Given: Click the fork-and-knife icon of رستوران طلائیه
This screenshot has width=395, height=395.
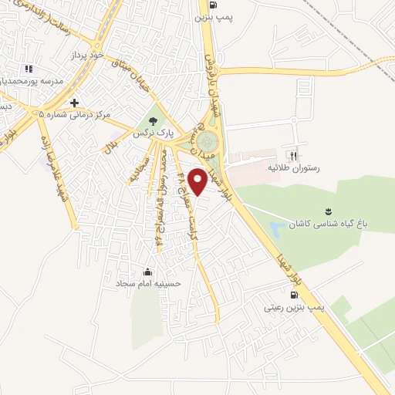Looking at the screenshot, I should pyautogui.click(x=294, y=153).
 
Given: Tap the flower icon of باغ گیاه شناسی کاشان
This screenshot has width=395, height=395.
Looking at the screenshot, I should pyautogui.click(x=329, y=211).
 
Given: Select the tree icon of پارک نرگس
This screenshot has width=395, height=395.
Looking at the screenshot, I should pyautogui.click(x=153, y=120).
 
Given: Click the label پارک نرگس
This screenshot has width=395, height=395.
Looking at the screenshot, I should pyautogui.click(x=151, y=133).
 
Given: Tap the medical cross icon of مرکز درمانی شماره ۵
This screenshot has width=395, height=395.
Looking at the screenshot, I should pyautogui.click(x=75, y=103).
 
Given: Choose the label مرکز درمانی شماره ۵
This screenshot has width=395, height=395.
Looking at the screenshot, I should pyautogui.click(x=75, y=114).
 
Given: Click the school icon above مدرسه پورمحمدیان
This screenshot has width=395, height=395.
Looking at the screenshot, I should pyautogui.click(x=29, y=69).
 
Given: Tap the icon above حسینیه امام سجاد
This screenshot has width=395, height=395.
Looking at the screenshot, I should pyautogui.click(x=148, y=272).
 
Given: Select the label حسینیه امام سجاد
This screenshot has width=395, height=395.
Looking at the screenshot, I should pyautogui.click(x=148, y=284).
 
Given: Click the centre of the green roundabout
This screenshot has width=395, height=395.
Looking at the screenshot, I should pyautogui.click(x=206, y=142).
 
